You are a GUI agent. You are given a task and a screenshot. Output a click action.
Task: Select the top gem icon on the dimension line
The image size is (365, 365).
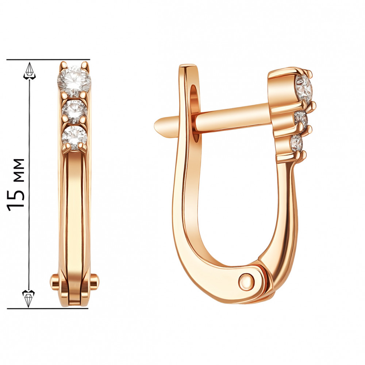pos(30,70)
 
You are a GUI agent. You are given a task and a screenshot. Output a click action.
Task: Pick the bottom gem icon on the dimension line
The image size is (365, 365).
pos(28,298)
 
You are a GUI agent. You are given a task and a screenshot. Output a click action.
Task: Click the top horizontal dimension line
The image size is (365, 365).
pos(48,59)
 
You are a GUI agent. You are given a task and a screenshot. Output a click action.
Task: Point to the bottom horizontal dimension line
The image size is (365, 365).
pos(48,309)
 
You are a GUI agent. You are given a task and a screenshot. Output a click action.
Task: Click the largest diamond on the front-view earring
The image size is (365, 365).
pos(74,81)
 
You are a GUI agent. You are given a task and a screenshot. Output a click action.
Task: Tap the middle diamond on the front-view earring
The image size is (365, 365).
pos(74,112)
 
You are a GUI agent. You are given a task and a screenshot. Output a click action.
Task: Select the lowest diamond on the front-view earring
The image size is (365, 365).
pos(74,138)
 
